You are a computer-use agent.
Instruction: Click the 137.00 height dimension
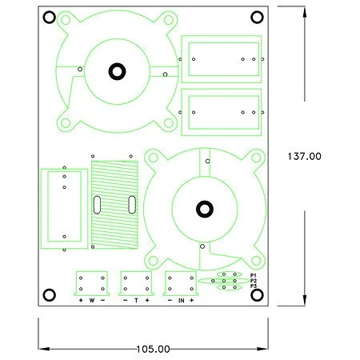pyautogui.click(x=304, y=156)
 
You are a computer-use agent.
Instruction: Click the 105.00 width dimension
pyautogui.click(x=153, y=349)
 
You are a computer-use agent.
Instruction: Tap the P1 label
pyautogui.click(x=254, y=275)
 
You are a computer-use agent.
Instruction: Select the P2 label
pyautogui.click(x=254, y=281)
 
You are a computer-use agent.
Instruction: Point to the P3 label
pyautogui.click(x=254, y=286)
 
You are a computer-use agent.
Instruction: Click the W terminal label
pyautogui.click(x=92, y=301)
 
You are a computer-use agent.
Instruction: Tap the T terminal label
pyautogui.click(x=136, y=301)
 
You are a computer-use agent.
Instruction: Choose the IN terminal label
pyautogui.click(x=181, y=301)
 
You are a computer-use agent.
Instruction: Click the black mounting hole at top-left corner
pyautogui.click(x=50, y=18)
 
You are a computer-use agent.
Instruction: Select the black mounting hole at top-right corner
pyautogui.click(x=257, y=18)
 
